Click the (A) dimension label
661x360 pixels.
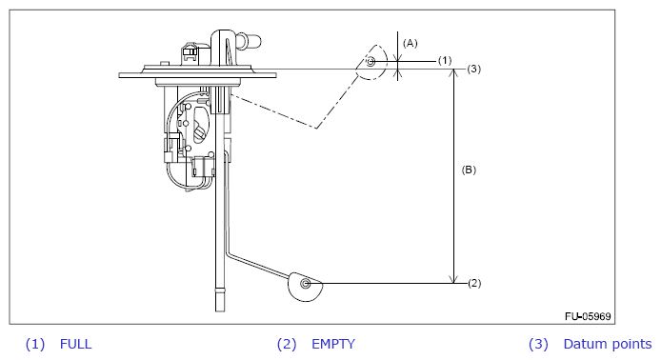point(410,43)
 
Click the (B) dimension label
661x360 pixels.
point(469,170)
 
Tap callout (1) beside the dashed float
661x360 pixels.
point(445,61)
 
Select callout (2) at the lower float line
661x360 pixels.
point(474,283)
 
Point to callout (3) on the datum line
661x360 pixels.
point(473,69)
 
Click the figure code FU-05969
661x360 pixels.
point(588,316)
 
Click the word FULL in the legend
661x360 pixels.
point(76,344)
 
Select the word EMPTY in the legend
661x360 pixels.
point(333,344)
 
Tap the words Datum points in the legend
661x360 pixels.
point(608,344)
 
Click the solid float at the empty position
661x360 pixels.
point(305,287)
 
